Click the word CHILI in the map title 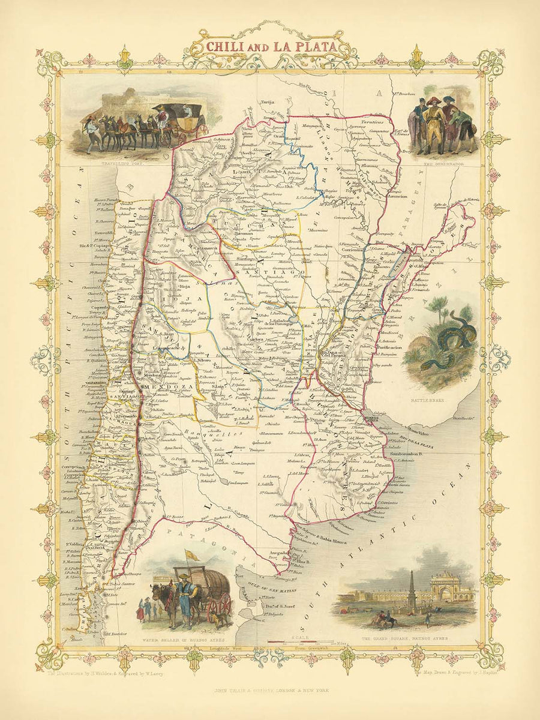[224, 47]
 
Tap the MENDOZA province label [159, 387]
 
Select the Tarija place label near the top [266, 103]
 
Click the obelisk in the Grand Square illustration [412, 585]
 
